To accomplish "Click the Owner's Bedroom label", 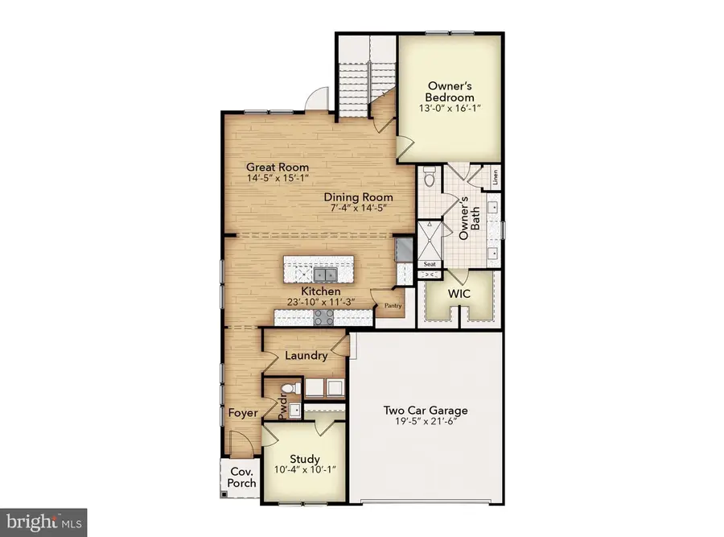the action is [x=449, y=92].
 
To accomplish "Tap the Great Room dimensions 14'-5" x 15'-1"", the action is [x=277, y=179].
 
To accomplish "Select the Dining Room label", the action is [x=358, y=197].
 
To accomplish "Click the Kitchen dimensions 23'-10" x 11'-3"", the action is [x=321, y=302].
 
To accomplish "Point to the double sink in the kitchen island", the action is [x=325, y=275].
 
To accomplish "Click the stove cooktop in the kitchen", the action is [x=323, y=317].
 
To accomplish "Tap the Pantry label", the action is [x=393, y=305].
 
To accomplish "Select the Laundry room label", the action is [x=306, y=355].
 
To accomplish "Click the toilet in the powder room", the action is [x=291, y=387].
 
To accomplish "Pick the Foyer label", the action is [x=243, y=413].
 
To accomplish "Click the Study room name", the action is [x=305, y=459].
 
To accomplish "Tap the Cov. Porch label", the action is [x=241, y=477].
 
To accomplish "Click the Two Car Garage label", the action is [x=426, y=411].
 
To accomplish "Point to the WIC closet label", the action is [x=459, y=294].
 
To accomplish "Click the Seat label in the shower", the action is [x=430, y=264].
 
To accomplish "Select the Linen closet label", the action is [x=495, y=177].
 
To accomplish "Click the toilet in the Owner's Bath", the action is [x=430, y=176].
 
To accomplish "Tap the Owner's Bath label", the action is [x=469, y=218].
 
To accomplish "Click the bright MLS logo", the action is [x=44, y=523].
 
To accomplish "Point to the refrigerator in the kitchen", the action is [x=404, y=250].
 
